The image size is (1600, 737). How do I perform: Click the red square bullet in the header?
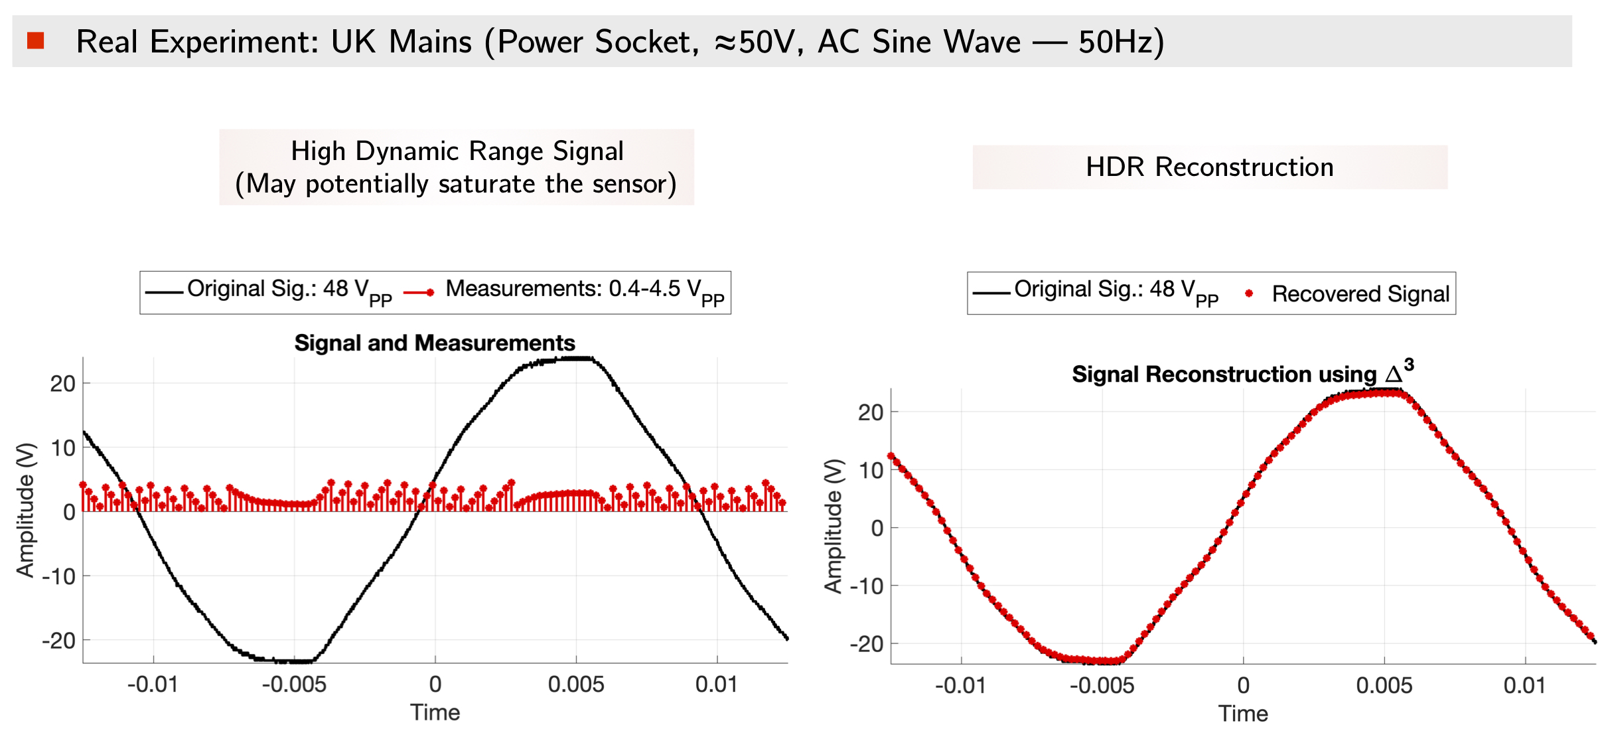[36, 41]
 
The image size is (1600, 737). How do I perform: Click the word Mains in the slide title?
[430, 42]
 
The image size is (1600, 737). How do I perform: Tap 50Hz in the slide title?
[1121, 42]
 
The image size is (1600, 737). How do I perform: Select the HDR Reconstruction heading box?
[1209, 167]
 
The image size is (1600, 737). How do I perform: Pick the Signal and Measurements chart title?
[435, 343]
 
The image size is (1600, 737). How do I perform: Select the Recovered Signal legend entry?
[1360, 293]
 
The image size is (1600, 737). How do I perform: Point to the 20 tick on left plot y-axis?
[62, 383]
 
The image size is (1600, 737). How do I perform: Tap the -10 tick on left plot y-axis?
[58, 576]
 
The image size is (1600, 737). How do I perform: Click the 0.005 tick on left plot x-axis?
[576, 685]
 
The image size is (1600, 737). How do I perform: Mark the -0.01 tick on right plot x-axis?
[960, 685]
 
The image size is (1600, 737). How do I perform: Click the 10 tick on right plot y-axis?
[871, 470]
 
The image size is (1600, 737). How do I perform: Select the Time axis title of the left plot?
[435, 712]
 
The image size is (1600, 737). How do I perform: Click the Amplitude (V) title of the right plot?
[834, 526]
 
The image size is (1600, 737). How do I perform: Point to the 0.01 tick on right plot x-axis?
[1525, 685]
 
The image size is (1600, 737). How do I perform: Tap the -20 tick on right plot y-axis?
[867, 643]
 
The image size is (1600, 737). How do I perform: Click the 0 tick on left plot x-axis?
[435, 685]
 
